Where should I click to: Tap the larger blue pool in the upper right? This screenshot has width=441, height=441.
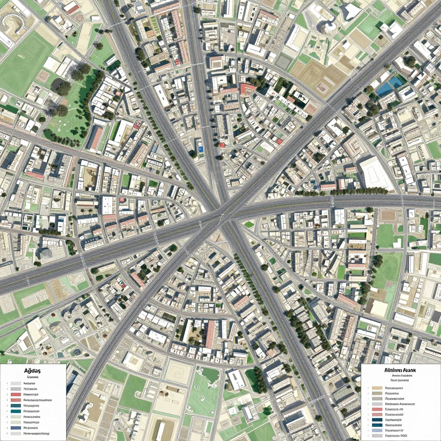(x=385, y=89)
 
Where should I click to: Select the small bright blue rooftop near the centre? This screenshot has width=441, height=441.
(x=201, y=149)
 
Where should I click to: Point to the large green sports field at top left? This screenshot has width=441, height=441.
(x=24, y=65)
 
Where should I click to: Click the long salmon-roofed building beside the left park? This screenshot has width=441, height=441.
(x=96, y=139)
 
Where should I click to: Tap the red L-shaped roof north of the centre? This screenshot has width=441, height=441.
(x=248, y=89)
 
